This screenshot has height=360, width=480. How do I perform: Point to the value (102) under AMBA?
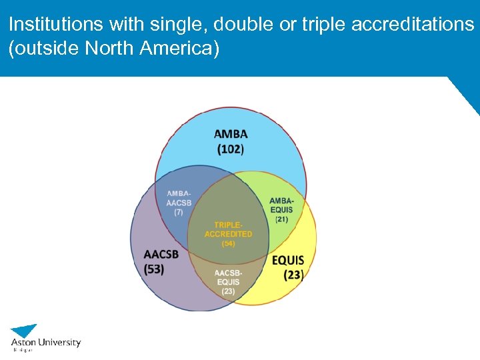point(231,149)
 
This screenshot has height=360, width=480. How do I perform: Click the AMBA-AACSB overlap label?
point(179,198)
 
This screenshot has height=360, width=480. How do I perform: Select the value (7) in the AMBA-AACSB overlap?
point(179,212)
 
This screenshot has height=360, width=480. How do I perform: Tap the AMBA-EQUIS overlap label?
point(281,205)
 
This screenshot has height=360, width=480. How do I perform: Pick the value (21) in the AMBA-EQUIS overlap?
point(281,219)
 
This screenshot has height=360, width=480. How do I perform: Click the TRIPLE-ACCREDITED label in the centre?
point(228,230)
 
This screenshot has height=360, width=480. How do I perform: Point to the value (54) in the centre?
point(228,243)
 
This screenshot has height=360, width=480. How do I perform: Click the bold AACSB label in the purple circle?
point(161,255)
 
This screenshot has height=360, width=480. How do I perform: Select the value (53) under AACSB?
point(154,269)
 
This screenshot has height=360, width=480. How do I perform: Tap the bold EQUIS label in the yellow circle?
point(288,260)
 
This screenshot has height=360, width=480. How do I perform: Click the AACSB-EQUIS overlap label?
point(228,278)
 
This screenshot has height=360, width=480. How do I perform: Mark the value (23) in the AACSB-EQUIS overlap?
point(228,291)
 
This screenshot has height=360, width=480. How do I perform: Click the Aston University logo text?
point(46,343)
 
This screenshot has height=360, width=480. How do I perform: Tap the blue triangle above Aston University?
point(25,330)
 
